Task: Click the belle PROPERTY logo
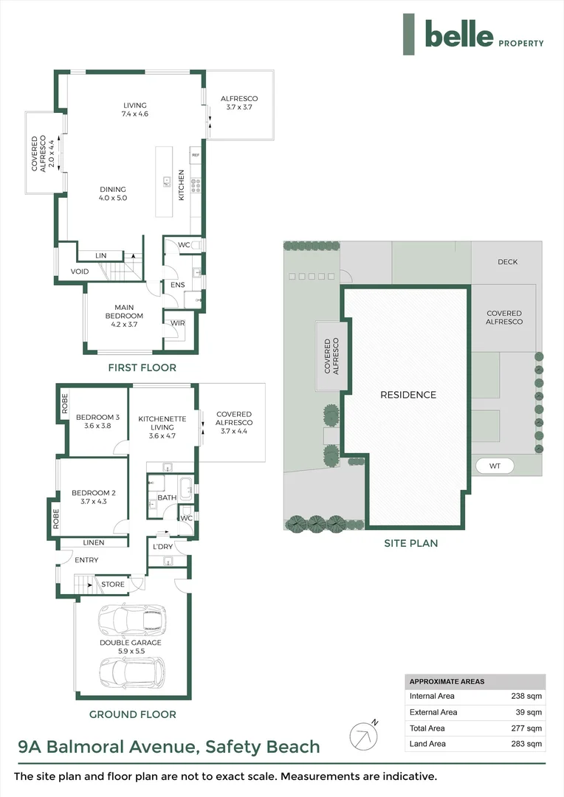point(473,35)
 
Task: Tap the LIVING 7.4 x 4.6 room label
point(134,109)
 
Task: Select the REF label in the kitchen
point(196,156)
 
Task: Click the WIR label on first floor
point(177,322)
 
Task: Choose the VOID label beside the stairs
point(80,272)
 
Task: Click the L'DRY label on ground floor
point(162,546)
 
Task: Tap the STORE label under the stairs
point(112,584)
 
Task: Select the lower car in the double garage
point(132,671)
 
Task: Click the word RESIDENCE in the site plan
point(408,395)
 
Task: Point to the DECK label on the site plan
point(507,262)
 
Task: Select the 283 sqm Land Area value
point(527,744)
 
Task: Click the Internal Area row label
point(433,696)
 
